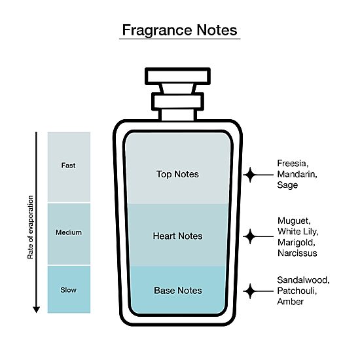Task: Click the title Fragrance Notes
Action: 179,30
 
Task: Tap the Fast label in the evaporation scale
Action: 69,166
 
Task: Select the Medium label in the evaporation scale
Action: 69,232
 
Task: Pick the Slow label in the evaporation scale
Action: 69,290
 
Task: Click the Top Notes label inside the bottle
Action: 177,174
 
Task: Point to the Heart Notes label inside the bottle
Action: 177,236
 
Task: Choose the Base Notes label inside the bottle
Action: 178,291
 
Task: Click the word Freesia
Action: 293,164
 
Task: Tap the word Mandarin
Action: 297,174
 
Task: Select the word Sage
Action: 287,185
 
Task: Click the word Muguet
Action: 294,221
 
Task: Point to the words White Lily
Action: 298,232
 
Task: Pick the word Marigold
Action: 297,242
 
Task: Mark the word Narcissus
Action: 297,253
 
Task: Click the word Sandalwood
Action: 303,280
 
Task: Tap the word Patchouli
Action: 297,291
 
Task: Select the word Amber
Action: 291,302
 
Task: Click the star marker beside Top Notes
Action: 250,175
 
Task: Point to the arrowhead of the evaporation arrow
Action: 36,310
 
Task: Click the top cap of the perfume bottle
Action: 177,76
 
